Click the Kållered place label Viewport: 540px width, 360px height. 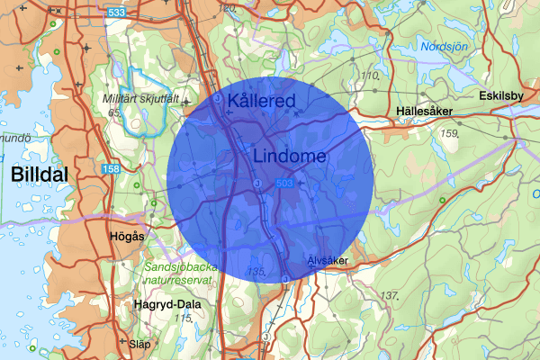pyautogui.click(x=262, y=100)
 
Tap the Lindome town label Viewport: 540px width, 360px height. pyautogui.click(x=290, y=156)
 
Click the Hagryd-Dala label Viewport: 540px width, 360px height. pyautogui.click(x=167, y=303)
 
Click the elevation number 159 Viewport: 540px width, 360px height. pyautogui.click(x=451, y=133)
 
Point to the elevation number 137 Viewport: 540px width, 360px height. pyautogui.click(x=389, y=295)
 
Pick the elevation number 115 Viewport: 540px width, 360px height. pyautogui.click(x=184, y=318)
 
